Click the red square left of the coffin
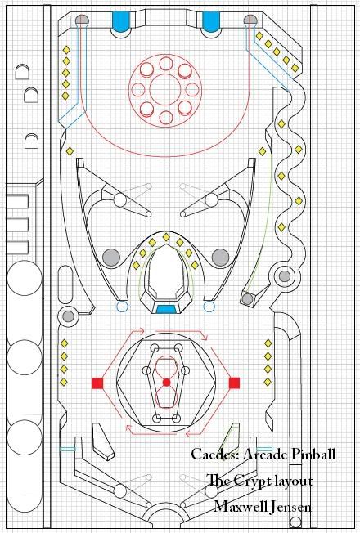pyautogui.click(x=97, y=383)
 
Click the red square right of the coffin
pyautogui.click(x=234, y=383)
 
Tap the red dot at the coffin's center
pyautogui.click(x=166, y=383)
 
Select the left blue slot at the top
pyautogui.click(x=121, y=22)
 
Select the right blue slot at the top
pyautogui.click(x=211, y=22)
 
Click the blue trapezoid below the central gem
pyautogui.click(x=166, y=309)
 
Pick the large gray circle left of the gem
pyautogui.click(x=111, y=257)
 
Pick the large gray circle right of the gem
pyautogui.click(x=220, y=257)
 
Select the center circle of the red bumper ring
pyautogui.click(x=166, y=89)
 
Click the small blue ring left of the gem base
pyautogui.click(x=122, y=307)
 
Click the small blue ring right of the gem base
pyautogui.click(x=209, y=307)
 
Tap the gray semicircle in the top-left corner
pyautogui.click(x=81, y=20)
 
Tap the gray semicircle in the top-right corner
pyautogui.click(x=250, y=20)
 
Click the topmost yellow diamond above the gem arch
pyautogui.click(x=166, y=237)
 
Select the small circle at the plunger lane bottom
pyautogui.click(x=295, y=522)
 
